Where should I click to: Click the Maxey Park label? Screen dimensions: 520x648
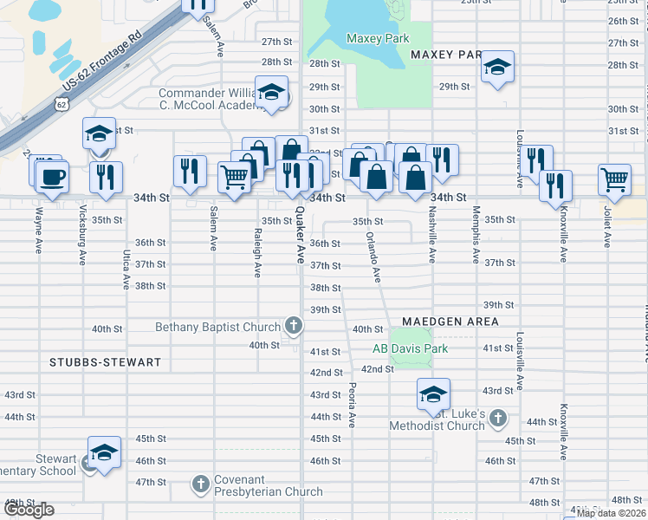click(377, 38)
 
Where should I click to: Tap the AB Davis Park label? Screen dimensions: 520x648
click(410, 348)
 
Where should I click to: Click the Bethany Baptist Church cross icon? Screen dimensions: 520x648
click(294, 327)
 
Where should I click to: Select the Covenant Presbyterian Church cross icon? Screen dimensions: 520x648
click(200, 483)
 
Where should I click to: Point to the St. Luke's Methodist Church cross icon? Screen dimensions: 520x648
click(497, 419)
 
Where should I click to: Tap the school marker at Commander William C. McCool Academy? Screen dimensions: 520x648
click(272, 93)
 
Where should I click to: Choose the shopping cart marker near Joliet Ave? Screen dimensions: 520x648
click(614, 179)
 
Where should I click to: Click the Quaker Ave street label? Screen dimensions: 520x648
click(301, 235)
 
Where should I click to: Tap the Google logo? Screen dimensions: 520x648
click(29, 509)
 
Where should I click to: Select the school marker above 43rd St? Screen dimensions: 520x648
click(433, 393)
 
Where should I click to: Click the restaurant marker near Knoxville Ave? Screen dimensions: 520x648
click(554, 185)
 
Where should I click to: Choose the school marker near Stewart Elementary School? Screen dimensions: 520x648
click(104, 452)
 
